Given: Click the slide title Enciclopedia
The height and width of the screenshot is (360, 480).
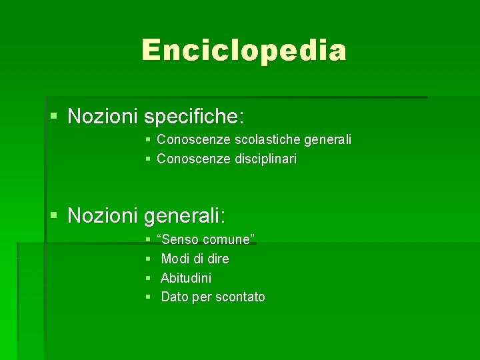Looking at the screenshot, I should [x=243, y=50].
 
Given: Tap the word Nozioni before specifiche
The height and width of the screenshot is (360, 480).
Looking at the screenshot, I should [x=103, y=117].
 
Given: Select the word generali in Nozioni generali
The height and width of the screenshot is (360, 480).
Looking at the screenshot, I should [x=185, y=215].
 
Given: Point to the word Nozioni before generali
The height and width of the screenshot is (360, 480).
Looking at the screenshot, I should [x=103, y=215].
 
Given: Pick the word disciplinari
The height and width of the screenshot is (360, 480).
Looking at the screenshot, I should [x=265, y=159].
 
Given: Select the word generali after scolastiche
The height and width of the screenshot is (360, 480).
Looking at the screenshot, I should [x=327, y=140].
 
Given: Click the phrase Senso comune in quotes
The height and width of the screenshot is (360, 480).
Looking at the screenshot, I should [x=206, y=239].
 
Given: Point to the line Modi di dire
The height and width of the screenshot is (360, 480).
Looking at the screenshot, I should [x=195, y=259].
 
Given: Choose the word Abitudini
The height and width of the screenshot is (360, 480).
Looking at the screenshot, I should [x=186, y=278].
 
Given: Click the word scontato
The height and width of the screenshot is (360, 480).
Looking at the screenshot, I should [x=239, y=297].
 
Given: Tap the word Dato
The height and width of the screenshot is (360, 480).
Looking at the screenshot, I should [x=175, y=297].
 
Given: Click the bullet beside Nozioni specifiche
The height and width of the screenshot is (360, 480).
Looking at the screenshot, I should [x=55, y=117].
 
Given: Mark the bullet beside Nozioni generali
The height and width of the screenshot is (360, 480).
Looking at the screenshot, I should [x=55, y=216].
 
